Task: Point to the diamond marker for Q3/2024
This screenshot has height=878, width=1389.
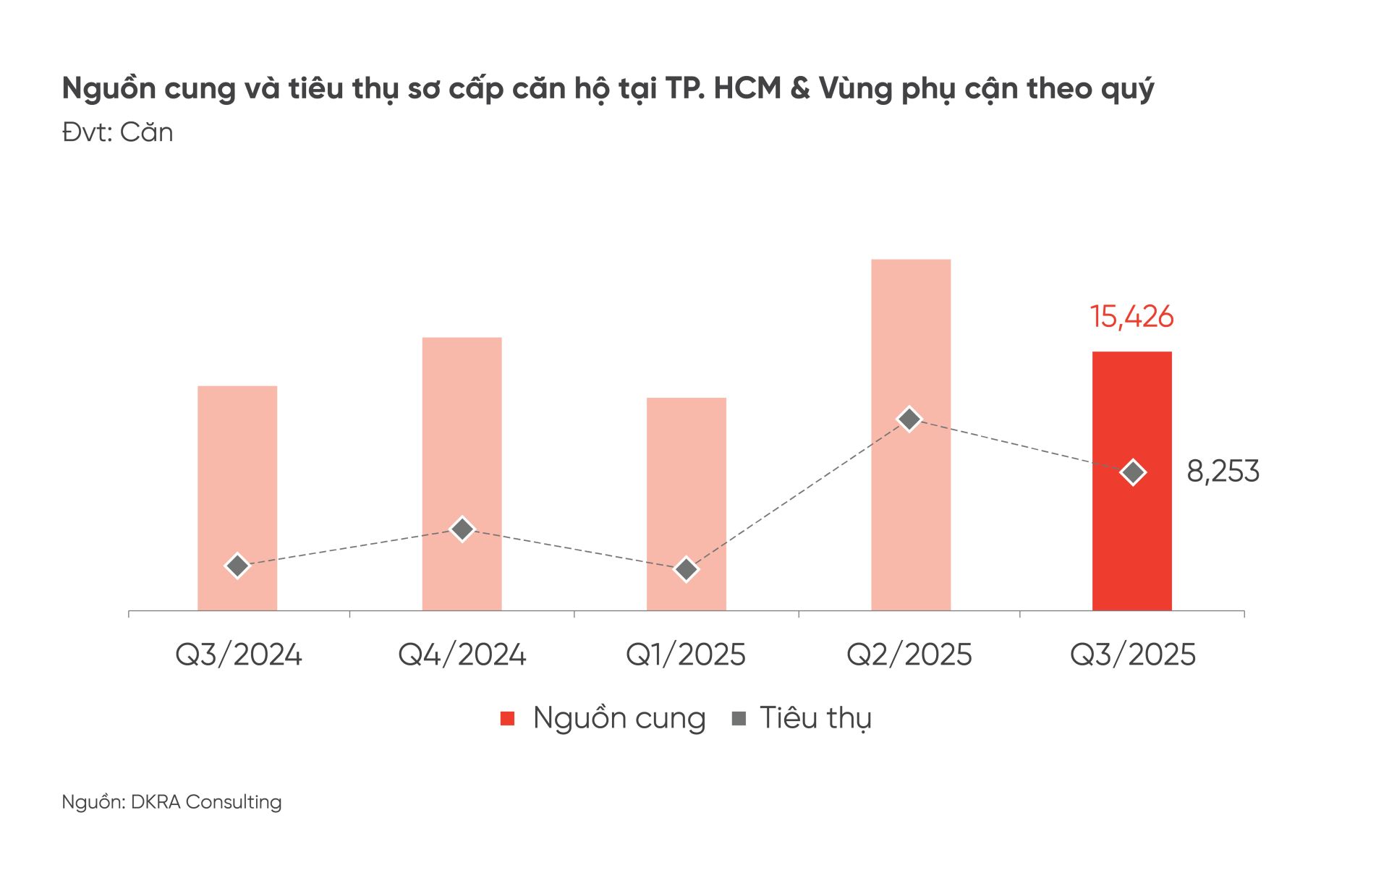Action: (x=237, y=566)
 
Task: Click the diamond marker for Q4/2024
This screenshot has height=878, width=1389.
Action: (x=462, y=529)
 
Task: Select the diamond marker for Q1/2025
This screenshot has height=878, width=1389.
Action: (x=686, y=570)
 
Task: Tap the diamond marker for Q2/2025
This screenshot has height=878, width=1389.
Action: (x=909, y=419)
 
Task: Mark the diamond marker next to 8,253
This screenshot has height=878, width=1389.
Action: (x=1132, y=472)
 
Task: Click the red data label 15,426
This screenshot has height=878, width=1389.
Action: (x=1131, y=317)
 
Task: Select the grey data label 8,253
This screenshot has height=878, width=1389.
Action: (x=1223, y=472)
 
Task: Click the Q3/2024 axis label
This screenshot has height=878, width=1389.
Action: (x=238, y=655)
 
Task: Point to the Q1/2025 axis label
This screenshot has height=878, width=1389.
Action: (x=685, y=655)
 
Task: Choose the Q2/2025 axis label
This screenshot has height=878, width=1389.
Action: (x=909, y=655)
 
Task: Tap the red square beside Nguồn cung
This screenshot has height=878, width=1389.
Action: (x=508, y=718)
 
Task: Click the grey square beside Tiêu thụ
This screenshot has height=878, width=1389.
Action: (x=739, y=718)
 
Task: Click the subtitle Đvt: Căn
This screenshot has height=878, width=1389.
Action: (x=117, y=132)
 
